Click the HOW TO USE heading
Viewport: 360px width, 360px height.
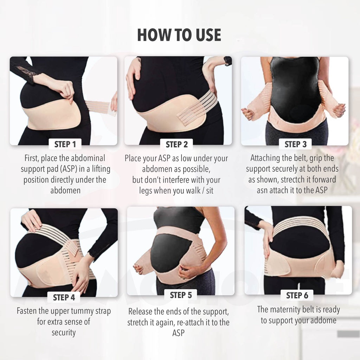pos(179,35)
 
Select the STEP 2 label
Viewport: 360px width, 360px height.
pos(176,144)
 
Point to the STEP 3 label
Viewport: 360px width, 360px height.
pos(295,144)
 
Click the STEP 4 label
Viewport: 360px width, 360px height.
pos(64,297)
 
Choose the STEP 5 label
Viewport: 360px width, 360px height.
pos(181,295)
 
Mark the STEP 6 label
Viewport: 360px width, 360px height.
pos(297,295)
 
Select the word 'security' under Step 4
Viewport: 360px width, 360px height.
pos(64,332)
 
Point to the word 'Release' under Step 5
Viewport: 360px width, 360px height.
pos(141,311)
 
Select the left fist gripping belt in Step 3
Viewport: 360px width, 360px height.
pos(248,114)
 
